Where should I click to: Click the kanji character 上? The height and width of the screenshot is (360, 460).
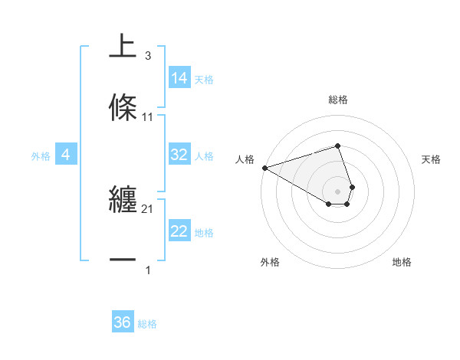123,46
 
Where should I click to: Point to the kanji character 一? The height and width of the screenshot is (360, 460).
123,261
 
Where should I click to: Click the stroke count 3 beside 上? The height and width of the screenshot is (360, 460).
147,56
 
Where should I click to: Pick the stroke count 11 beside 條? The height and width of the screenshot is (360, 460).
147,117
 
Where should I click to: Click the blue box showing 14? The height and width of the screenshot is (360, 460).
179,78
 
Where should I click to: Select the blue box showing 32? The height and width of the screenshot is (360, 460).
179,155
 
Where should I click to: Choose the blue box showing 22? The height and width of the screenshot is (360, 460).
179,231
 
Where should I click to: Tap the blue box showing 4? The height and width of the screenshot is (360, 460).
65,155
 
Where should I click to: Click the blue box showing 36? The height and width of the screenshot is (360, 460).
123,322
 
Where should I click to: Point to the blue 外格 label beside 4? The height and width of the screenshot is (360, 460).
41,156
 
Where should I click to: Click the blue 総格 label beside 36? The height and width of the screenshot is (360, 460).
147,324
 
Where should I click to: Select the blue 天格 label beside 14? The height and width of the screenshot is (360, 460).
204,80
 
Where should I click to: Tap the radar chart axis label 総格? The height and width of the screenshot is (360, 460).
338,100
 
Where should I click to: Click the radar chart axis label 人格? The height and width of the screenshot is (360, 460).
245,159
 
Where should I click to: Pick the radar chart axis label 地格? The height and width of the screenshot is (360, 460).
402,262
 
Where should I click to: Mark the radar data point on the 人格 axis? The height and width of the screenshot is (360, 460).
264,168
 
